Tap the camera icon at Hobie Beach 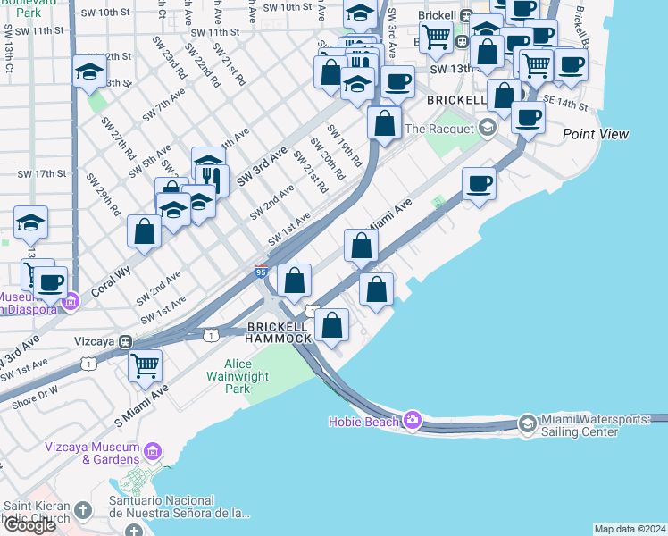pyautogui.click(x=412, y=419)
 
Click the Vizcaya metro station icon pyautogui.click(x=127, y=341)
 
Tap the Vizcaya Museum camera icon pyautogui.click(x=154, y=453)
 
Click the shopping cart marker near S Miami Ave pyautogui.click(x=144, y=364)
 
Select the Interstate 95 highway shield pyautogui.click(x=262, y=272)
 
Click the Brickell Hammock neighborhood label pyautogui.click(x=280, y=332)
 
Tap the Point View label pyautogui.click(x=596, y=134)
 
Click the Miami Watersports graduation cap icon pyautogui.click(x=528, y=423)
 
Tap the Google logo pyautogui.click(x=30, y=525)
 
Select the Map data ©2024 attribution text pyautogui.click(x=630, y=529)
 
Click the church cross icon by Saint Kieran pyautogui.click(x=82, y=511)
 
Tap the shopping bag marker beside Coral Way pyautogui.click(x=144, y=231)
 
